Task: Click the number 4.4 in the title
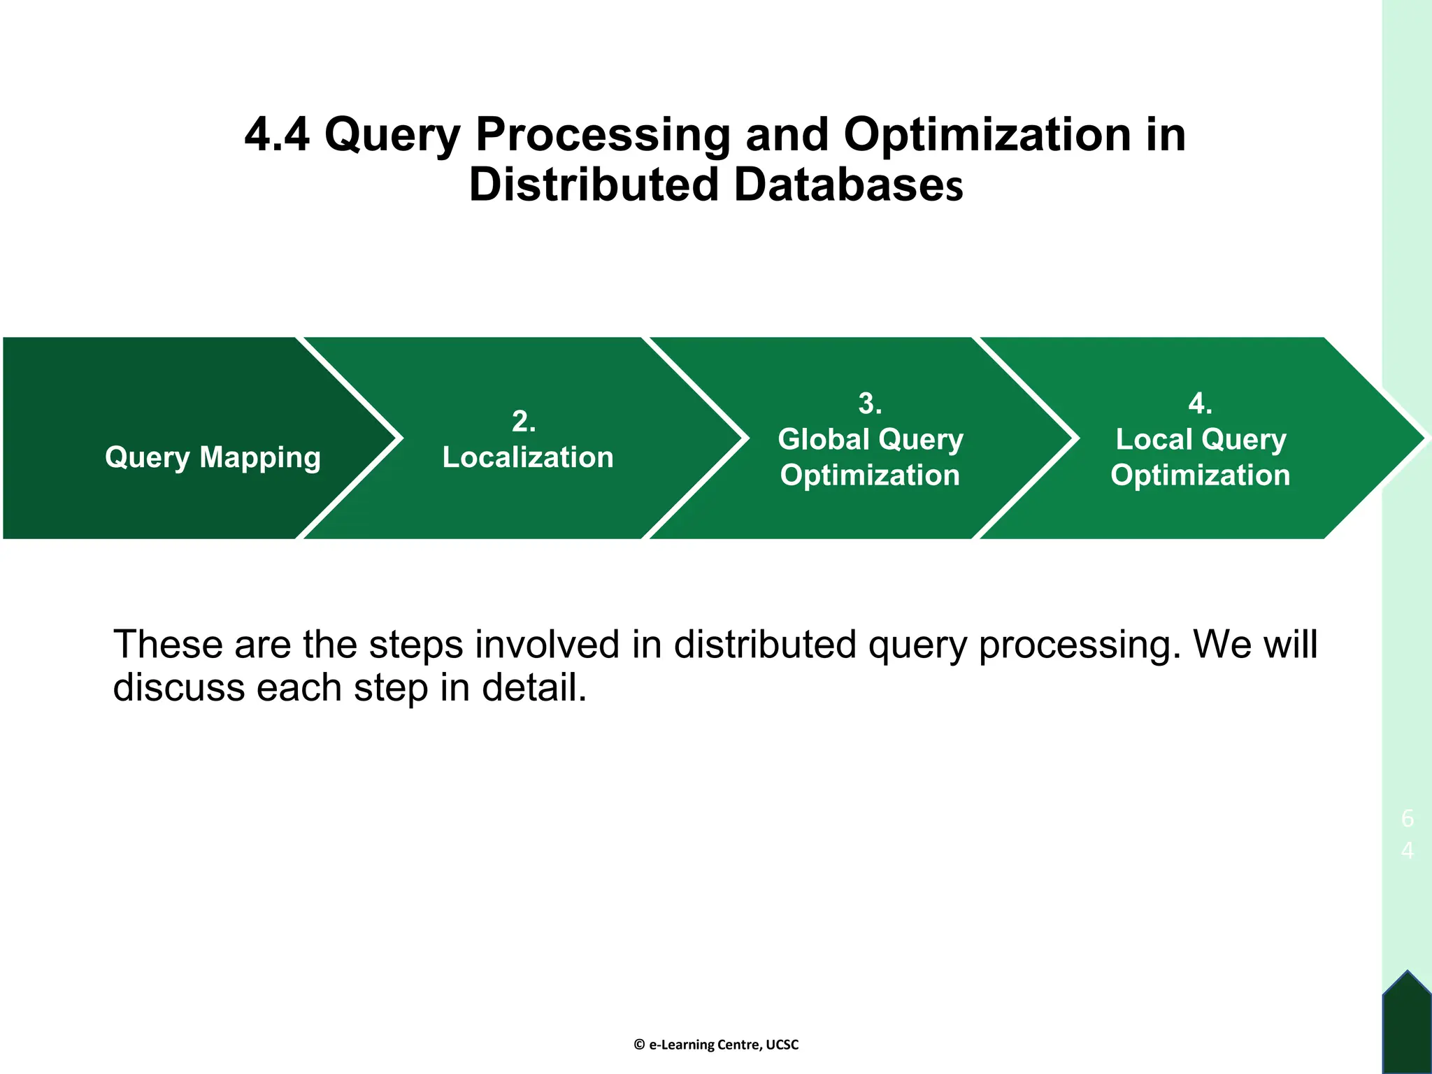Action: coord(277,134)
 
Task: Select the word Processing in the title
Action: coord(603,134)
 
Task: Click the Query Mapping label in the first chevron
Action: coord(213,457)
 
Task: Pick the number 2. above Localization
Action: coord(524,422)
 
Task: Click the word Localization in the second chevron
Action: coord(528,457)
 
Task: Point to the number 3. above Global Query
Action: coord(870,403)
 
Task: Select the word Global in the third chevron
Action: coord(823,439)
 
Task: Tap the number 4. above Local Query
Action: coord(1200,403)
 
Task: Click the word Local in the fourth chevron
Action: coord(1154,439)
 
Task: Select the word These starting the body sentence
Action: coord(167,644)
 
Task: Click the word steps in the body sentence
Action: coord(415,644)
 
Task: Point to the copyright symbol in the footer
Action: coord(639,1045)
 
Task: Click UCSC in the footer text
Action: coord(782,1045)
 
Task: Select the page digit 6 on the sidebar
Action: coord(1407,818)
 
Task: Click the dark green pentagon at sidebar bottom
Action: coord(1407,1024)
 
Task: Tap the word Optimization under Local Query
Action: coord(1200,475)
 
